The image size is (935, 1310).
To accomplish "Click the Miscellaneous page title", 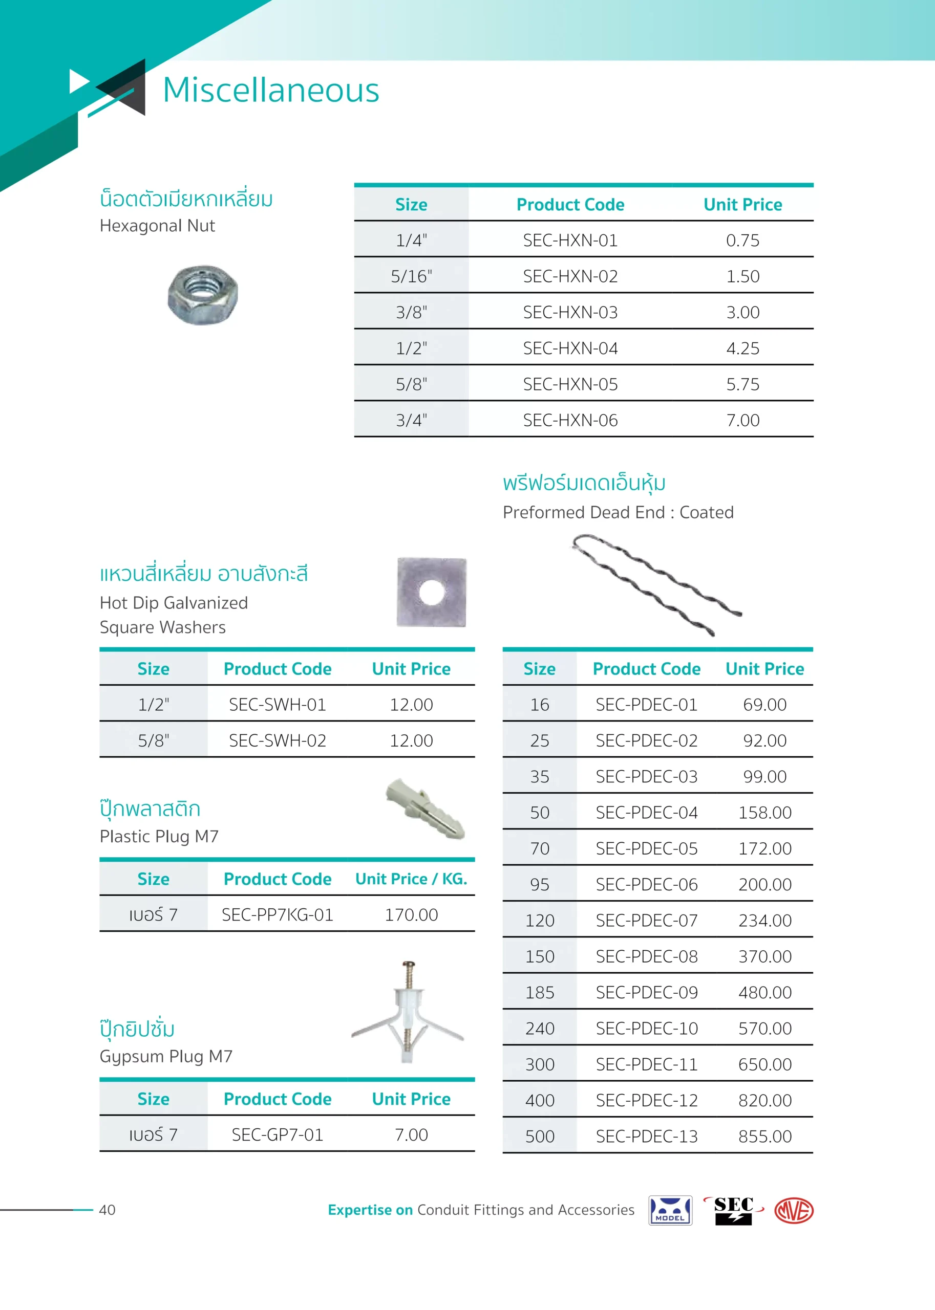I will (x=270, y=91).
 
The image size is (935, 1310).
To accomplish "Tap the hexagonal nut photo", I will (x=203, y=295).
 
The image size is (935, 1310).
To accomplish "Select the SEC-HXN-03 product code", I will (x=570, y=312).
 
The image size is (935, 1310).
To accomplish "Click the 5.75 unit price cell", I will (x=742, y=384).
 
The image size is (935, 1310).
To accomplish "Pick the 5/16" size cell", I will (x=411, y=277).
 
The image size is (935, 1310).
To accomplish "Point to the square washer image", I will (x=431, y=592).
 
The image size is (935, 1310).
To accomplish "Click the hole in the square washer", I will (x=432, y=593).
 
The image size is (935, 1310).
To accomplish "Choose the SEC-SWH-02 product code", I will (x=278, y=740).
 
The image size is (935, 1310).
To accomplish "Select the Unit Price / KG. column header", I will (x=411, y=879).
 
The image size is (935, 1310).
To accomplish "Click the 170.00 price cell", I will (x=411, y=915).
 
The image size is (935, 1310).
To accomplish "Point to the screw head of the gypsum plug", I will (x=409, y=963).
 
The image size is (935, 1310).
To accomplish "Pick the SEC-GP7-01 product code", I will (x=278, y=1134).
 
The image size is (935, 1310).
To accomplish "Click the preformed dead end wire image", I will (x=656, y=584).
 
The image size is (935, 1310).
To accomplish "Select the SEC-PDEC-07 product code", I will (x=647, y=921).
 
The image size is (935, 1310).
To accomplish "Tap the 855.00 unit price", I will (x=764, y=1136).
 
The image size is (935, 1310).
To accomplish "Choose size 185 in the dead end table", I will (x=540, y=992).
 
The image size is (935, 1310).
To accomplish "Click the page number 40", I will (x=107, y=1210).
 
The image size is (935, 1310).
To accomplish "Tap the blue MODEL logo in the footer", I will (x=670, y=1210).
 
